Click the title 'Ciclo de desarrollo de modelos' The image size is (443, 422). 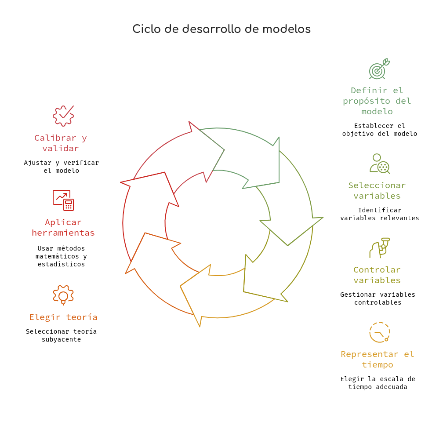pos(221,29)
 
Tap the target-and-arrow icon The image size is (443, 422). pos(379,69)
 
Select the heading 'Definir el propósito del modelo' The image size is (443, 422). pos(377,101)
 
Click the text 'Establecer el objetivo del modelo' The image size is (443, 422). pos(379,130)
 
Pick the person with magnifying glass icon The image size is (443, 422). pos(380,164)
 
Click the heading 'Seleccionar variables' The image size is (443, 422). pos(377,190)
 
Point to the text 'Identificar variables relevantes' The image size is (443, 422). pos(379,214)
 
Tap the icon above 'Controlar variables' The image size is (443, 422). pos(379,248)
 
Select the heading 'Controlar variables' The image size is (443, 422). pos(377,275)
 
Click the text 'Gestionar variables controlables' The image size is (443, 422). pos(378,298)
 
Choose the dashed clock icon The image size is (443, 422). pos(379,332)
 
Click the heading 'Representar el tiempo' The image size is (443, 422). pos(378,359)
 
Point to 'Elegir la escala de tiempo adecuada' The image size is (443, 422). pos(378,383)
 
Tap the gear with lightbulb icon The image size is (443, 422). pos(63,295)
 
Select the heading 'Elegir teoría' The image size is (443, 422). pos(63,317)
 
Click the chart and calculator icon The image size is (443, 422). pos(63,200)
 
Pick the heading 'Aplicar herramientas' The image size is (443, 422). pos(63,227)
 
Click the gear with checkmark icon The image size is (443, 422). pos(63,116)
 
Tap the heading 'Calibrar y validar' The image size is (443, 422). pos(61,143)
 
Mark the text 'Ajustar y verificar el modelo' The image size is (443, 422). pos(62,167)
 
